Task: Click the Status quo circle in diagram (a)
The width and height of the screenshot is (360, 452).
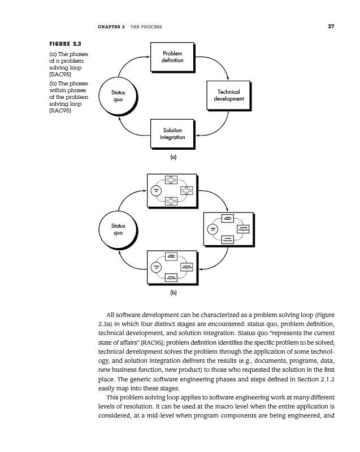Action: point(118,95)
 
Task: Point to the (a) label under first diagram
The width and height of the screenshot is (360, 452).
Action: point(174,158)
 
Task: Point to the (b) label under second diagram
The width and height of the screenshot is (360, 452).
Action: point(174,293)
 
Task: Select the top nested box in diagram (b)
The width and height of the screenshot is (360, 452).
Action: point(172,190)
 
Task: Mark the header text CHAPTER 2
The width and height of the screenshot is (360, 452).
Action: point(111,27)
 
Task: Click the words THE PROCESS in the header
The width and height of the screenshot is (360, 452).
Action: point(146,27)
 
